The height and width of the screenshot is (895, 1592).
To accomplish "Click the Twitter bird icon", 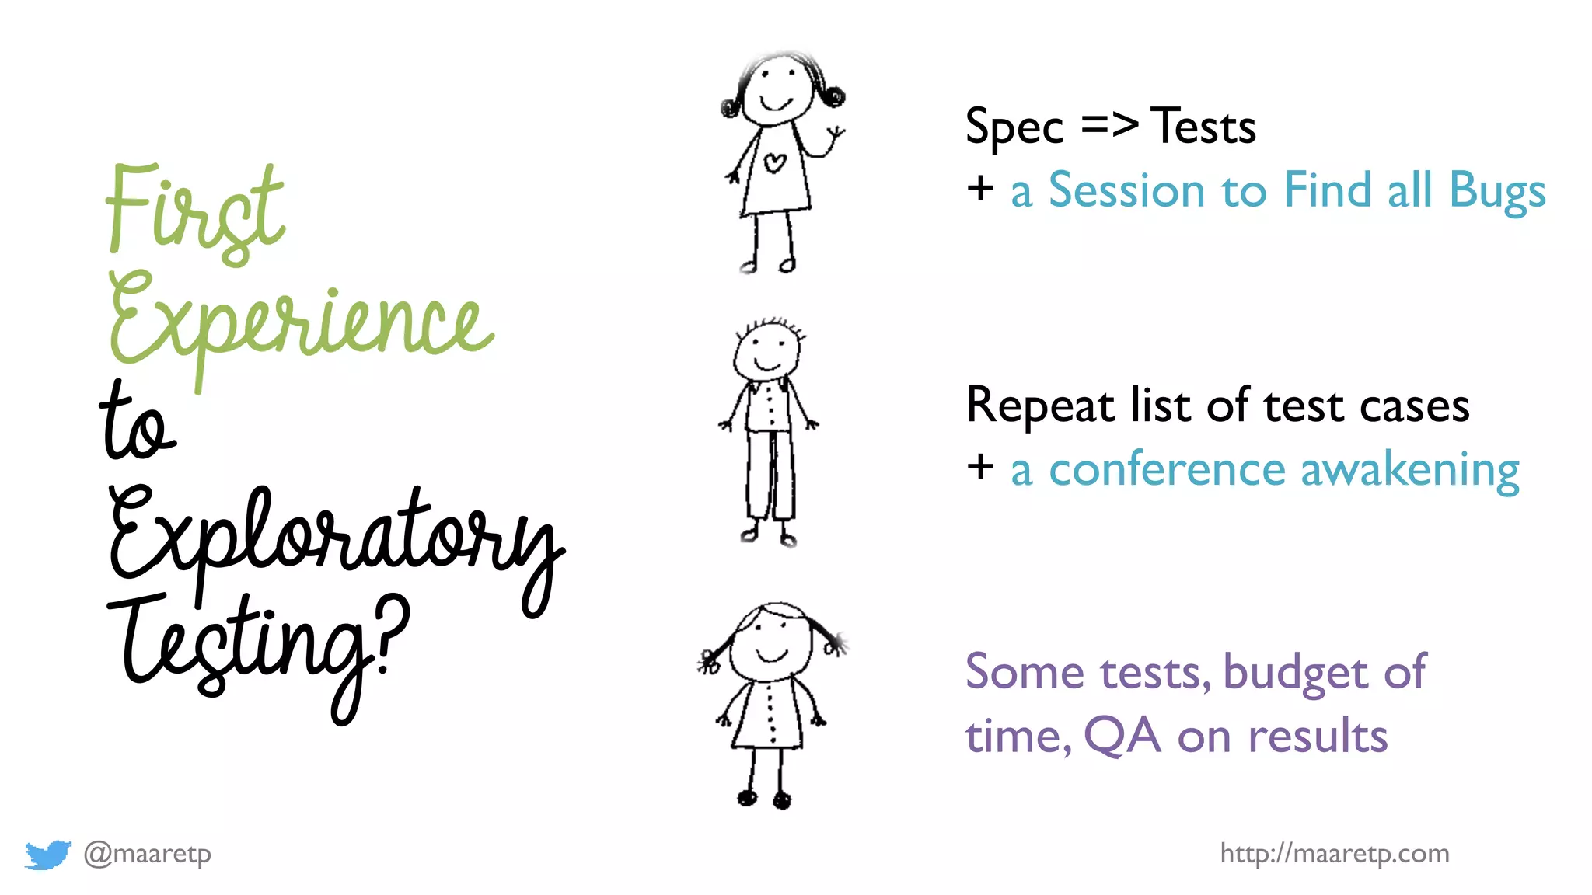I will [x=47, y=855].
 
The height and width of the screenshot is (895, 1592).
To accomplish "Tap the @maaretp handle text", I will [x=148, y=854].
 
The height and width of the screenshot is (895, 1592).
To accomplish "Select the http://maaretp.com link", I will [x=1334, y=854].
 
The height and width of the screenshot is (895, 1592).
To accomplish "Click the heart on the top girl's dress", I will [x=774, y=162].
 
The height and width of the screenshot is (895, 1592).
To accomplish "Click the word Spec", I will [x=1014, y=127].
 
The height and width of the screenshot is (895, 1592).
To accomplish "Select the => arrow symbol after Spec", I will [x=1110, y=124].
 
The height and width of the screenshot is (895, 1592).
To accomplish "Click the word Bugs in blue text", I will [x=1497, y=191].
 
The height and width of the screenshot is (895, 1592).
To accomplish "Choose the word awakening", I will [x=1409, y=471].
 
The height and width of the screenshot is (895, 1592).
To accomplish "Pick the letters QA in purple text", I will [x=1122, y=736].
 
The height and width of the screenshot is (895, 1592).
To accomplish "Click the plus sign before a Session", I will [x=980, y=189].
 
